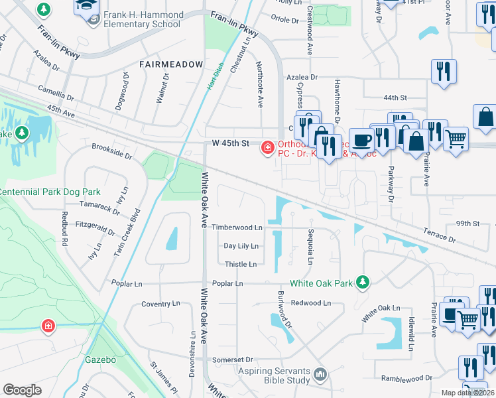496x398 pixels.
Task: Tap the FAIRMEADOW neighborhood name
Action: [x=170, y=64]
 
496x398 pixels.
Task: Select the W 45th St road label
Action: [x=230, y=143]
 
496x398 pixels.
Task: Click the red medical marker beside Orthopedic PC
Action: [x=267, y=147]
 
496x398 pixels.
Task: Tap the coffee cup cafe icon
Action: [x=361, y=141]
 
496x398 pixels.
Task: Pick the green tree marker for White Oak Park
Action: [x=362, y=283]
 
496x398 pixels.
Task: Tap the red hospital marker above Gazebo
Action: [x=48, y=325]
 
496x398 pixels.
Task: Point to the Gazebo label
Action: [x=100, y=360]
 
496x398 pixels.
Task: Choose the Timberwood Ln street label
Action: [x=237, y=227]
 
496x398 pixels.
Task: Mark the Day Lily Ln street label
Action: [x=241, y=245]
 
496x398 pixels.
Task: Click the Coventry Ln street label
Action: [x=160, y=304]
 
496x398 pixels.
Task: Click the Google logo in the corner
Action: [x=22, y=390]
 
